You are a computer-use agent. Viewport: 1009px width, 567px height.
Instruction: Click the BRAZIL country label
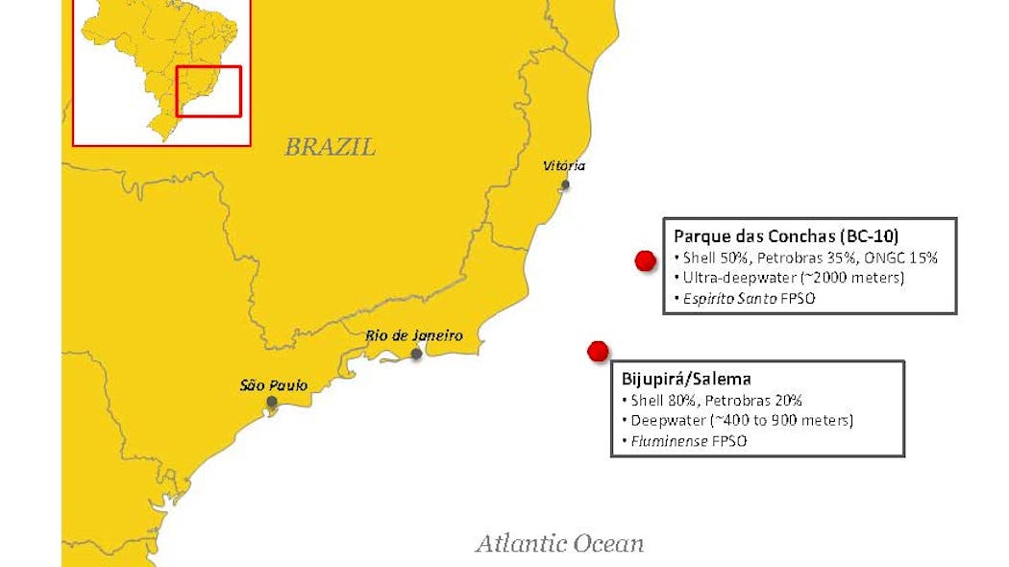330,147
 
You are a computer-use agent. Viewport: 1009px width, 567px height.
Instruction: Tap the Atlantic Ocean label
559,544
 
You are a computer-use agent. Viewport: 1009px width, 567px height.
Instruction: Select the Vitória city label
563,166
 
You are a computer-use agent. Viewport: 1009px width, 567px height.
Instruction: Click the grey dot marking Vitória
566,185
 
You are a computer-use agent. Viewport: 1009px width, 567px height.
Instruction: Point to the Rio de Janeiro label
414,335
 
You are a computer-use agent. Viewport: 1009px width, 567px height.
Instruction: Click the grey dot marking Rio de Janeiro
416,354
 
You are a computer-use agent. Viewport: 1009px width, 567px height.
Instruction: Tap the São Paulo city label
274,384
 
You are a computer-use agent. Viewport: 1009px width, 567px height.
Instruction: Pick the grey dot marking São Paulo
272,402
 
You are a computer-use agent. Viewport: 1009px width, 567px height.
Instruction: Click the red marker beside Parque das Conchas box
645,259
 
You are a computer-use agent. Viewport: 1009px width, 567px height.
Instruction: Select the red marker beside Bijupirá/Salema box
598,351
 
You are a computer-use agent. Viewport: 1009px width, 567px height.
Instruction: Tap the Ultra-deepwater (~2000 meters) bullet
789,278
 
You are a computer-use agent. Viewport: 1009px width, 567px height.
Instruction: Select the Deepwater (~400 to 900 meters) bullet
741,421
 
